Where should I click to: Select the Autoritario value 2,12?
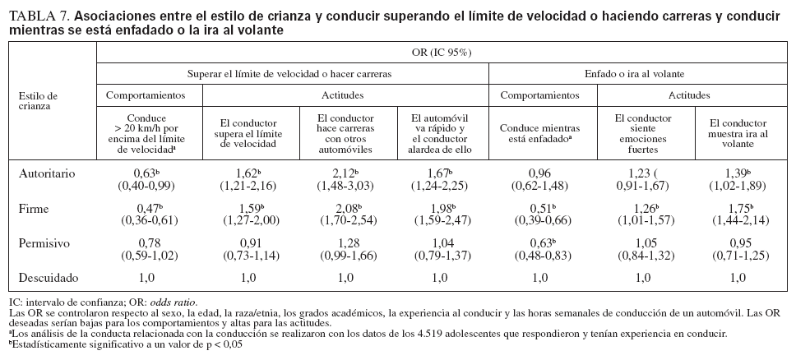(345, 174)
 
